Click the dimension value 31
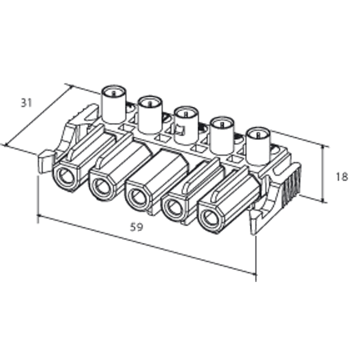pyautogui.click(x=26, y=103)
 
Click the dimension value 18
pyautogui.click(x=341, y=176)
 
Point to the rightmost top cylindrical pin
pyautogui.click(x=258, y=145)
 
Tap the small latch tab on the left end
pyautogui.click(x=46, y=162)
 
